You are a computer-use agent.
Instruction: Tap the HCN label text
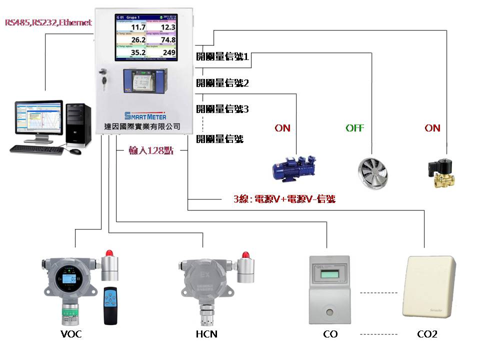(x=206, y=334)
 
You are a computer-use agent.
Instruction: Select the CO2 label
(x=427, y=334)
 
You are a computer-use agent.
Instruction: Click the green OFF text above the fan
(x=354, y=128)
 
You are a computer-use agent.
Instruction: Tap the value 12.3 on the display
(x=167, y=27)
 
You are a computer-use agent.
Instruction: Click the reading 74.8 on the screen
(x=167, y=40)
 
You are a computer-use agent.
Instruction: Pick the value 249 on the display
(x=169, y=52)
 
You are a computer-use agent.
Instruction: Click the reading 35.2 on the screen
(x=137, y=52)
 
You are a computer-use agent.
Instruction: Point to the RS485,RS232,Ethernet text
(x=48, y=22)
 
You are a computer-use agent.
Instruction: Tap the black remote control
(x=111, y=305)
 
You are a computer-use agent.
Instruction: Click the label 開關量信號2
(x=222, y=83)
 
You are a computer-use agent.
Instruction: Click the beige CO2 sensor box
(x=430, y=287)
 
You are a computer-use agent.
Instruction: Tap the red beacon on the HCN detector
(x=245, y=254)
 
